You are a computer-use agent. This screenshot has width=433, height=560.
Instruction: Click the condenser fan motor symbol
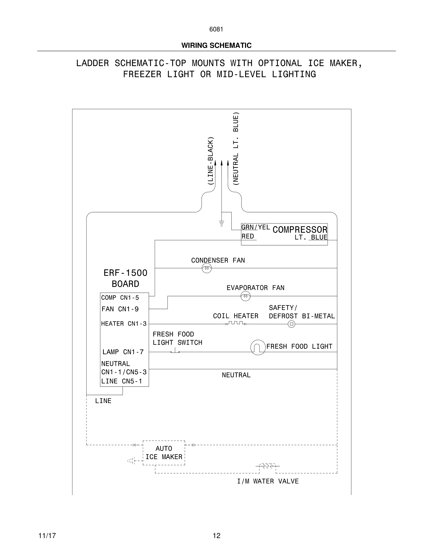(207, 268)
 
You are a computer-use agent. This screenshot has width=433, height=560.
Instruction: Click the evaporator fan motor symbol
(246, 296)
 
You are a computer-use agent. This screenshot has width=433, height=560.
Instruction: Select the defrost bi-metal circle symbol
(291, 324)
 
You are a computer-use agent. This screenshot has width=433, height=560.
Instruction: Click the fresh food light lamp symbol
(258, 347)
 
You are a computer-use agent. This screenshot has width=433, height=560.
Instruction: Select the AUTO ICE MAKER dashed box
(164, 453)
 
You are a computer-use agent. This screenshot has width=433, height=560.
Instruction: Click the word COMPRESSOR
(300, 230)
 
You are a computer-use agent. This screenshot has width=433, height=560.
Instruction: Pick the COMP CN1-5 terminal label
(120, 298)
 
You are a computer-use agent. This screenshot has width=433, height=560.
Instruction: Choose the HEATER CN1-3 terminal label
(124, 324)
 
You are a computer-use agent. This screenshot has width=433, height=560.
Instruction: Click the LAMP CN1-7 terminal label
(123, 352)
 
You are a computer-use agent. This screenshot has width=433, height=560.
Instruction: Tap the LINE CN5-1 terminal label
(122, 381)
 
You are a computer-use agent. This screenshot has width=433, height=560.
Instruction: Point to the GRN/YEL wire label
(255, 227)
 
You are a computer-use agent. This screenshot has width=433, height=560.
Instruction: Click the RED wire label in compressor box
(248, 236)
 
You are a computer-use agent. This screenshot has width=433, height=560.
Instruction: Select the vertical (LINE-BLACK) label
(210, 161)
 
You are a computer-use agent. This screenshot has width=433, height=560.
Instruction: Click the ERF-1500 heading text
(125, 273)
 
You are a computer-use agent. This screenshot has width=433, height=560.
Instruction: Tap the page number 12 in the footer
(216, 536)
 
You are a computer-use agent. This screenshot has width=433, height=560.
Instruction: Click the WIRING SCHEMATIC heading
(216, 45)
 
